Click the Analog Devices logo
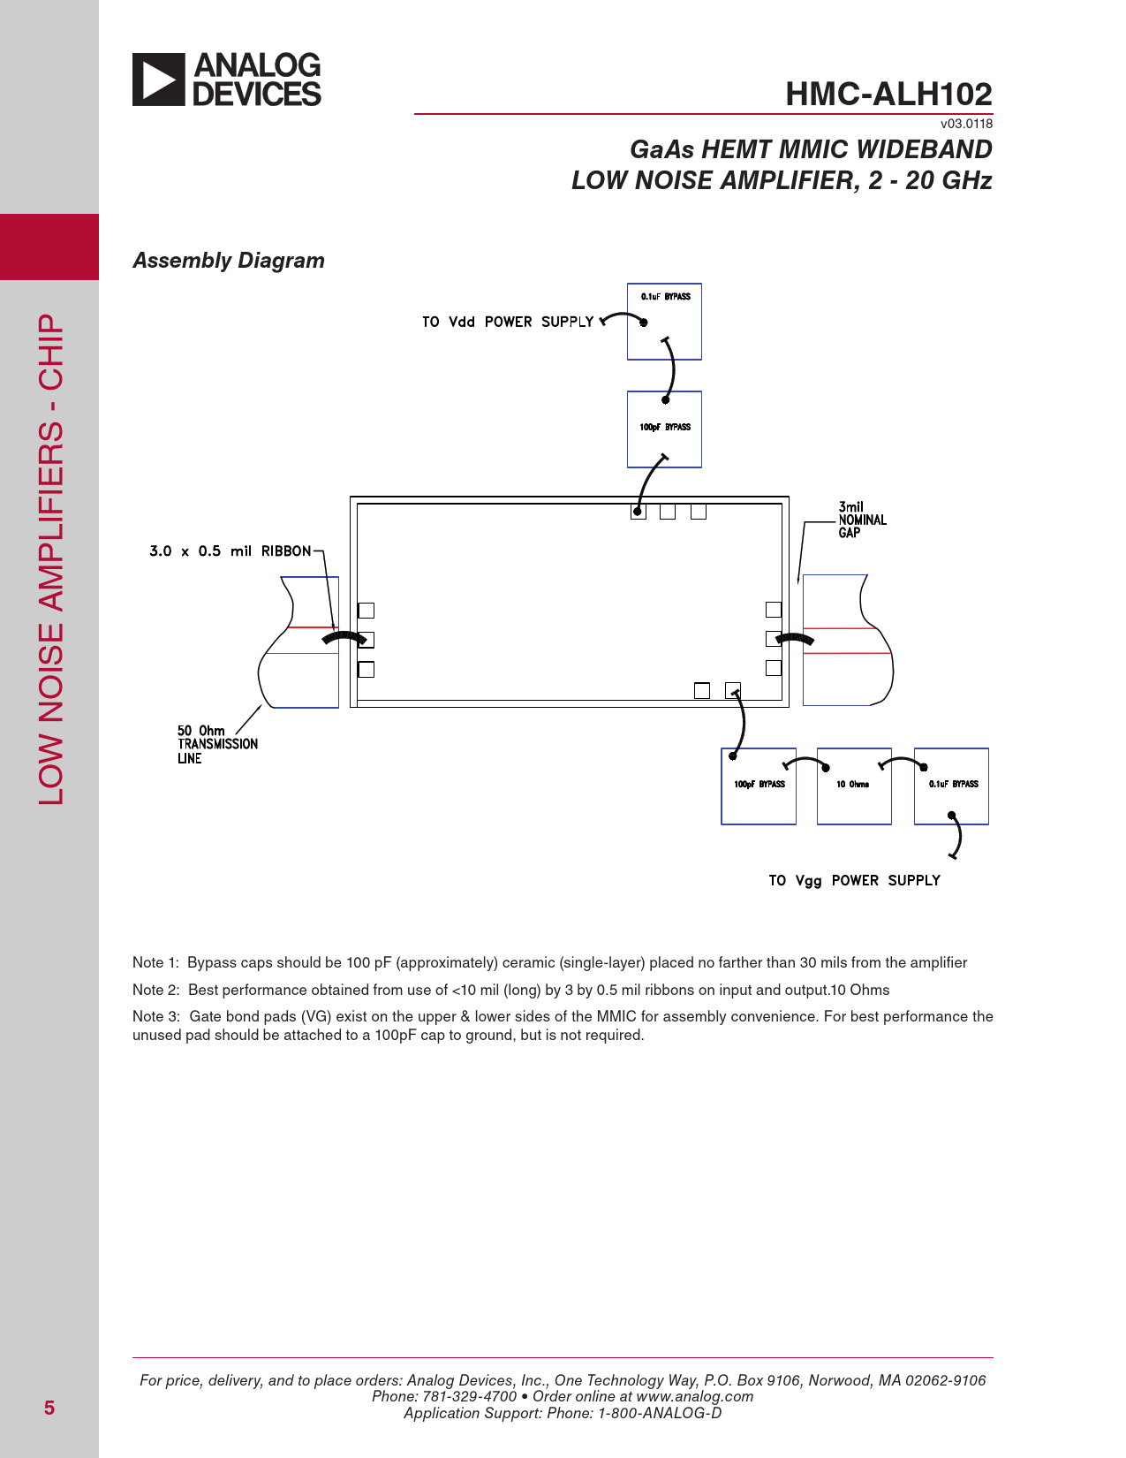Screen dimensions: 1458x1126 coord(227,80)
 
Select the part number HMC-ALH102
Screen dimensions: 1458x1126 coord(888,95)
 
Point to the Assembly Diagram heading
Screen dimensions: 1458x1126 coord(229,261)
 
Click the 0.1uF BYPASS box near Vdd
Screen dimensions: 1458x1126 coord(664,322)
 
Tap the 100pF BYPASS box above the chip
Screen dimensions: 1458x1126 coord(664,429)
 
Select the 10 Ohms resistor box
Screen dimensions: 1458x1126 coord(853,786)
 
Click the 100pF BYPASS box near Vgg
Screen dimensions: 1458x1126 coord(759,786)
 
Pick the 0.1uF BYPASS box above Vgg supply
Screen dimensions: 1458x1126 coord(951,786)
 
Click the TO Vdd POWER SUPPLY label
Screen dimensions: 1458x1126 coord(508,322)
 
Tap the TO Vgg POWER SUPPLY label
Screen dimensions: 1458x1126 coord(854,880)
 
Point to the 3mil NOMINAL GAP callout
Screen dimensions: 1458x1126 coord(862,520)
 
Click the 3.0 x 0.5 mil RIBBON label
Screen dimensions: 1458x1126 coord(230,551)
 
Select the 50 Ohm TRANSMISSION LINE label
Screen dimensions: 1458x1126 coord(217,744)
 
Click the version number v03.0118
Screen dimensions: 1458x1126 coord(966,124)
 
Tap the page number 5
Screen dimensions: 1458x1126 coord(49,1408)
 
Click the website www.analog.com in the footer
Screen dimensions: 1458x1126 coord(694,1396)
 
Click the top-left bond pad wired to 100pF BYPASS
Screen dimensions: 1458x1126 coord(639,512)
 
